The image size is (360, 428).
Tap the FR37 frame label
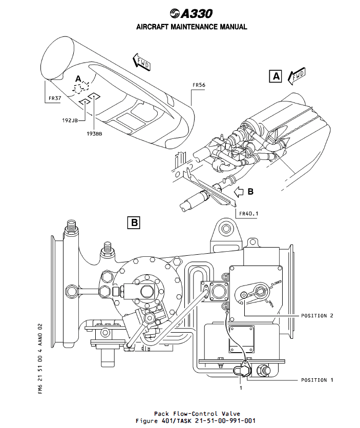coord(54,97)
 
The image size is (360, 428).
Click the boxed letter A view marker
coord(275,76)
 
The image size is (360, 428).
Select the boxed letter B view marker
coord(134,222)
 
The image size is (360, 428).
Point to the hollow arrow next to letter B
coord(239,192)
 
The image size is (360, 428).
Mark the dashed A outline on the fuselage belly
coord(81,88)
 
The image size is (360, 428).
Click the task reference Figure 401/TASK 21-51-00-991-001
coord(197,420)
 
